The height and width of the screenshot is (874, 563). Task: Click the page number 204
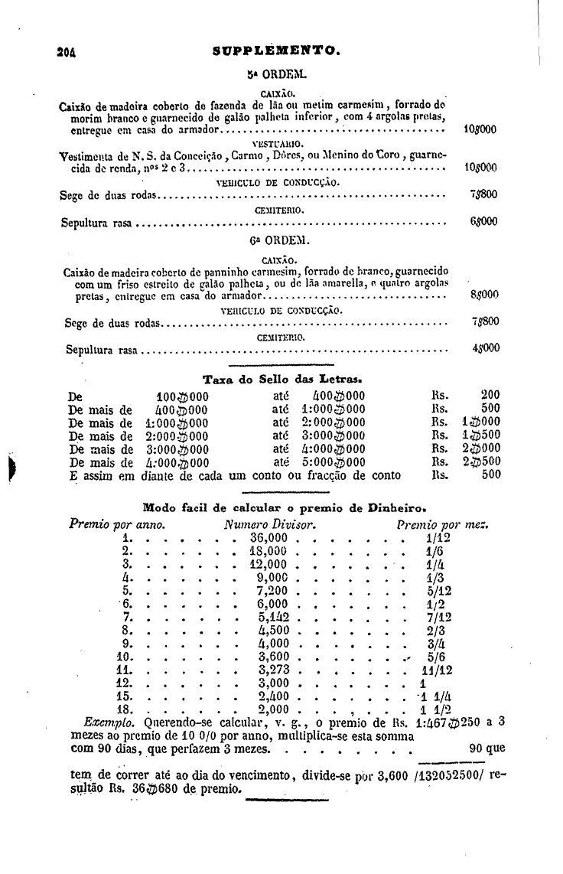[x=70, y=52]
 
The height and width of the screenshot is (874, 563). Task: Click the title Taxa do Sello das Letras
[x=282, y=379]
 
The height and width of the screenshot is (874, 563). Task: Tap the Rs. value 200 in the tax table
[x=490, y=396]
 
